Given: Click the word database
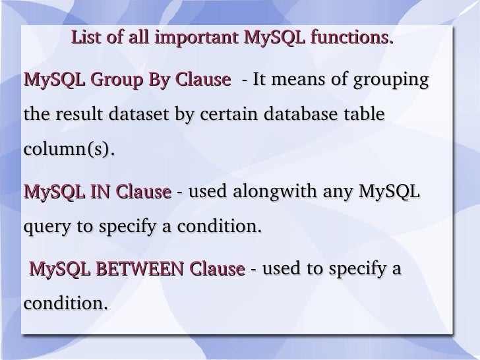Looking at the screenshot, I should [305, 115].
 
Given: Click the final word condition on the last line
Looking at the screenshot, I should [64, 305].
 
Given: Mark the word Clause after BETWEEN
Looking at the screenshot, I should [217, 270].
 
